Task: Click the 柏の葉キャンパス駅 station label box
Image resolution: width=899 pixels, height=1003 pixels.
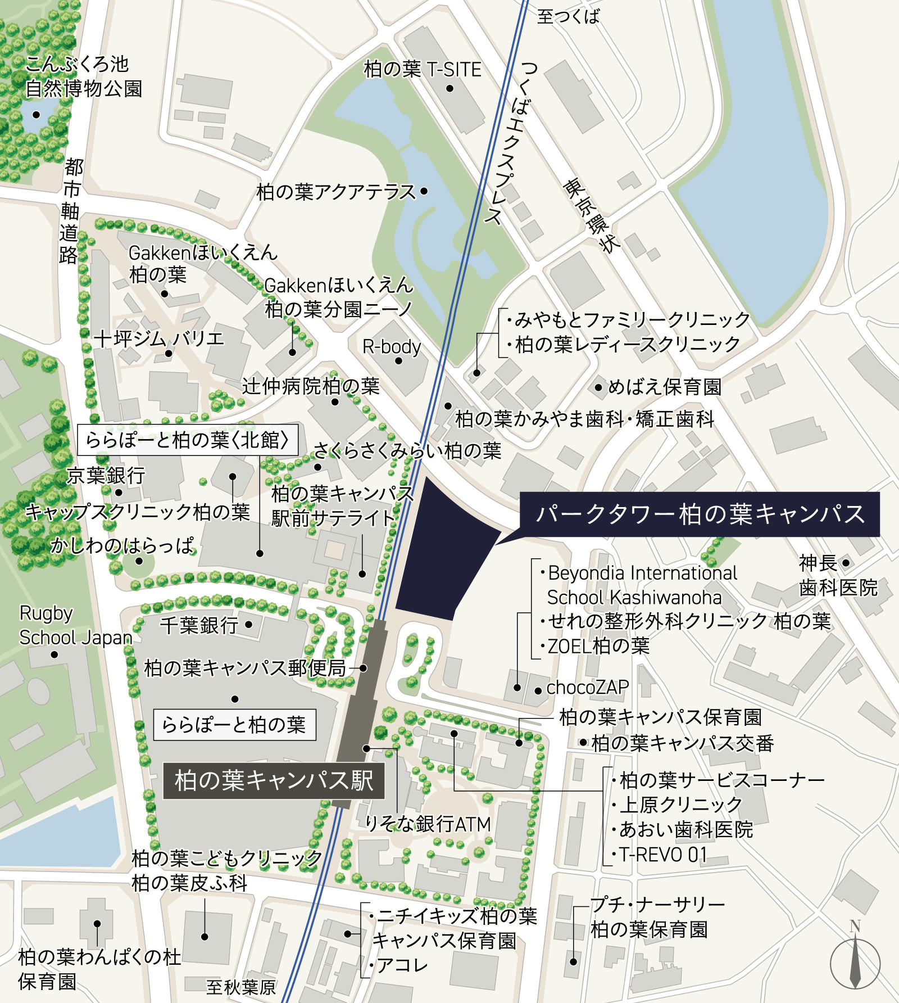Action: [x=274, y=781]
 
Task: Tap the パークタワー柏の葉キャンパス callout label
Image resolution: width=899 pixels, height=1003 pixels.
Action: [x=699, y=514]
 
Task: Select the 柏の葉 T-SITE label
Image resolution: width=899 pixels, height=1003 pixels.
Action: [x=423, y=70]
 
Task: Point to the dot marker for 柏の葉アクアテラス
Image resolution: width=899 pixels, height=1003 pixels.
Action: [x=424, y=191]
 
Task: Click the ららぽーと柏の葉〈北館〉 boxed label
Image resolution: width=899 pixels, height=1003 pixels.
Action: [x=187, y=440]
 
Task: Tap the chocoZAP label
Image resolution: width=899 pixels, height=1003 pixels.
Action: [x=587, y=687]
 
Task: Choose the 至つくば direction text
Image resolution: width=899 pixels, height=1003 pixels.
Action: [x=568, y=16]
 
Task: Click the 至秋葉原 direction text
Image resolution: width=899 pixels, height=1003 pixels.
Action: [x=241, y=987]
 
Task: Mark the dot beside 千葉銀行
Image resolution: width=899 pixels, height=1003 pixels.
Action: [x=248, y=624]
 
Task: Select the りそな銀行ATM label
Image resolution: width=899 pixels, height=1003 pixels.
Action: [x=428, y=824]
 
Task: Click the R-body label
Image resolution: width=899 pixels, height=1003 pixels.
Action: [x=392, y=346]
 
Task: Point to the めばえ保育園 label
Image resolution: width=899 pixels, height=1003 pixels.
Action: [x=665, y=387]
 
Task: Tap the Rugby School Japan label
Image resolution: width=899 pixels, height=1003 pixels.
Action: [x=75, y=625]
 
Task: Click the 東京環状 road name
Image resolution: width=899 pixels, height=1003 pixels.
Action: [x=592, y=215]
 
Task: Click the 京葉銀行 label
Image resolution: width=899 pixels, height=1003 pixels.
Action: [x=106, y=476]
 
